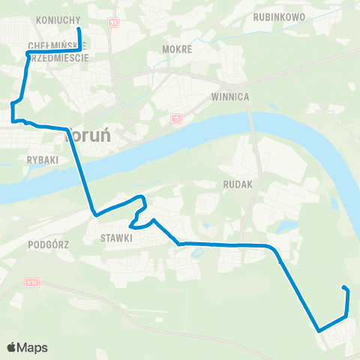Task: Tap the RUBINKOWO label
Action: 277,15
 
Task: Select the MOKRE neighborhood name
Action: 177,49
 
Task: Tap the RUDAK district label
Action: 239,182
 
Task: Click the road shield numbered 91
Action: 113,24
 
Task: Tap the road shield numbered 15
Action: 175,118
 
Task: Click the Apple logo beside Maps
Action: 12,347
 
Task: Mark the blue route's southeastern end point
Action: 344,288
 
